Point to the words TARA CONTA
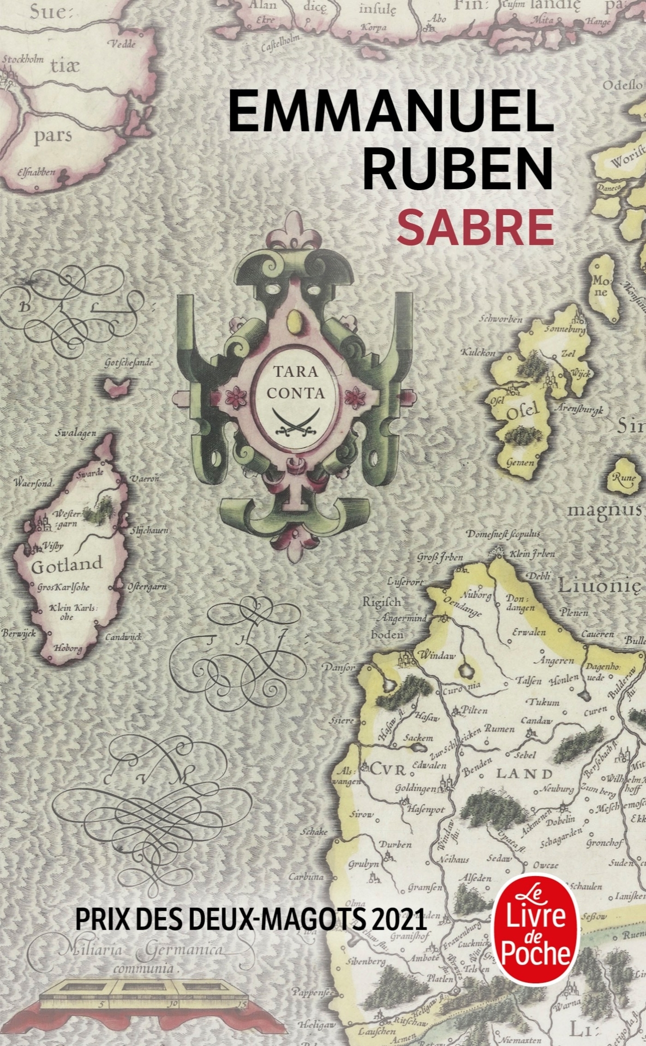(295, 382)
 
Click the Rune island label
(624, 478)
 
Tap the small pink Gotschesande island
(114, 387)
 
